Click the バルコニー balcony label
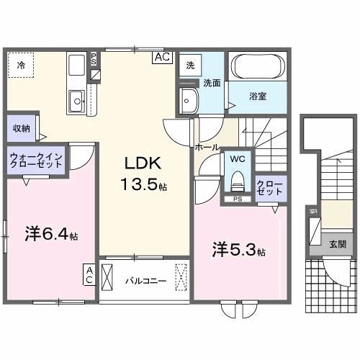(x=145, y=282)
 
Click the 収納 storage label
(x=21, y=128)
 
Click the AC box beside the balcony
(x=90, y=274)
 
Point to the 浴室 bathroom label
(x=258, y=96)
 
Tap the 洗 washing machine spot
(x=190, y=64)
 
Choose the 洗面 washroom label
(x=212, y=83)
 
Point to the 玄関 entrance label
(x=337, y=244)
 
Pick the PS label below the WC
(x=237, y=199)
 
